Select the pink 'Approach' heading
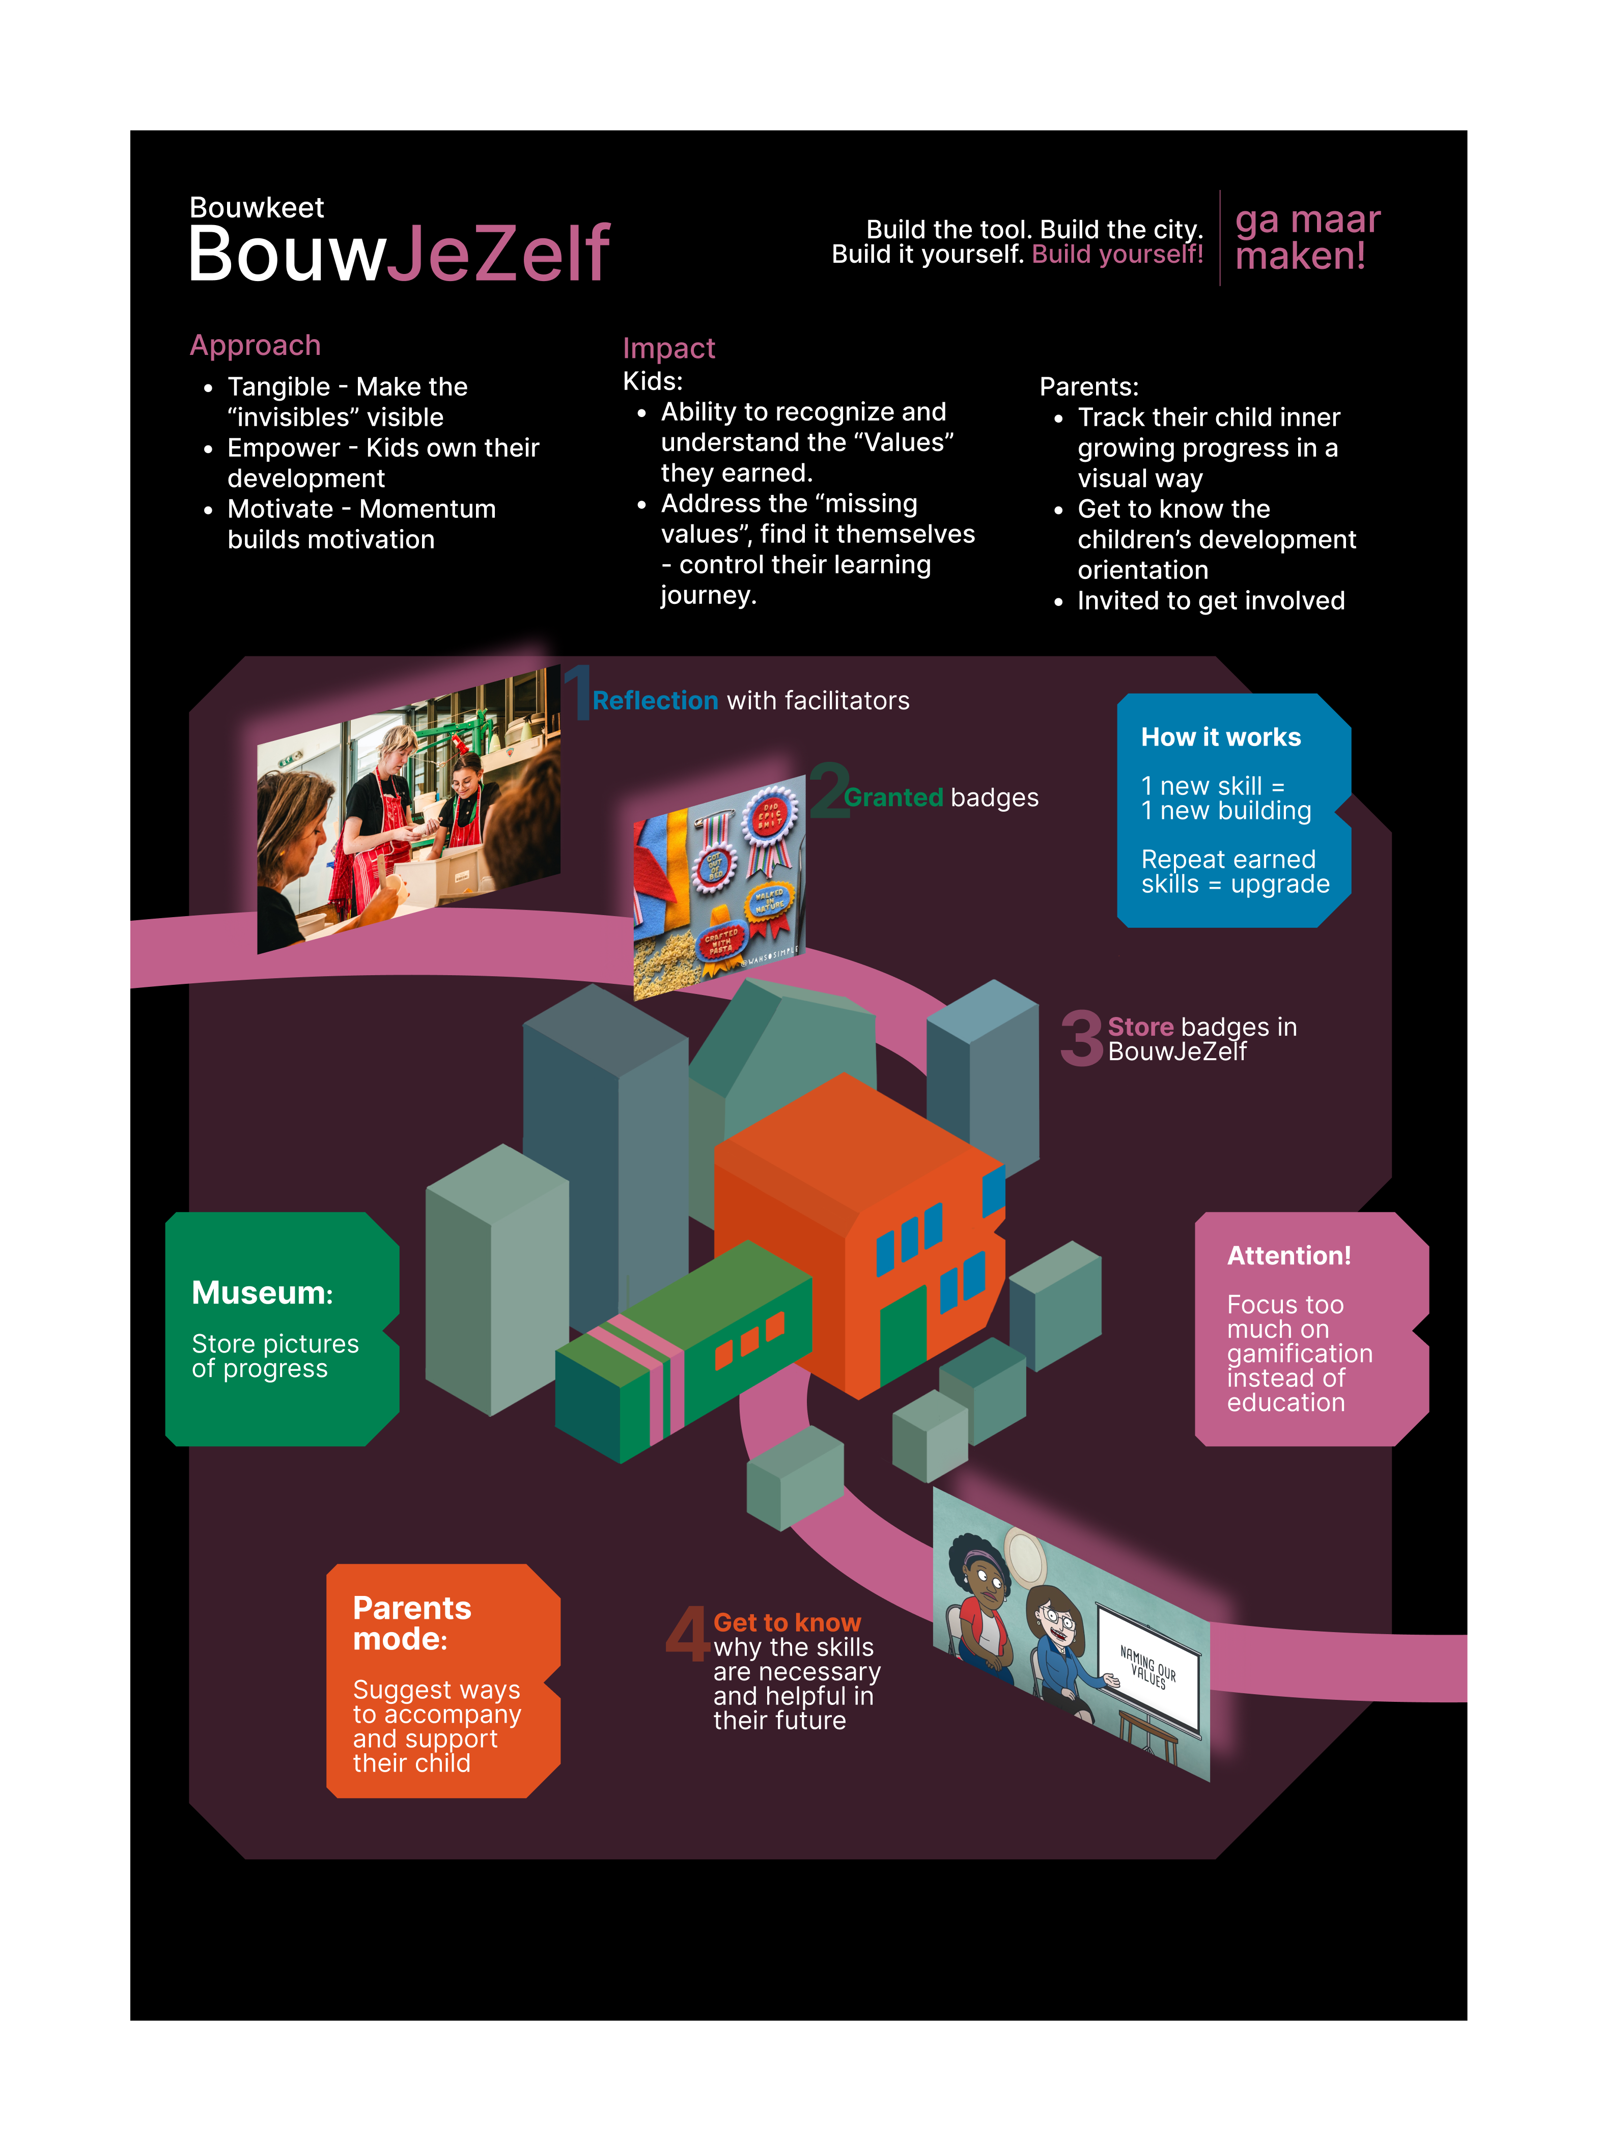coord(256,345)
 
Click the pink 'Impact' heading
coord(668,348)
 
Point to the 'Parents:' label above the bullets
coord(1088,387)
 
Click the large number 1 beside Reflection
coord(577,693)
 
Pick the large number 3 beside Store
coord(1080,1038)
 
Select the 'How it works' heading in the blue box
coord(1221,737)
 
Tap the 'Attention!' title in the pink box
coord(1288,1256)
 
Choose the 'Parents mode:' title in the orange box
coord(411,1623)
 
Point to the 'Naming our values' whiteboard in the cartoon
coord(1149,1669)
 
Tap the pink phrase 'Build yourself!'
coord(1117,255)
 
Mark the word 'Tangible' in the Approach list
coord(278,387)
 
